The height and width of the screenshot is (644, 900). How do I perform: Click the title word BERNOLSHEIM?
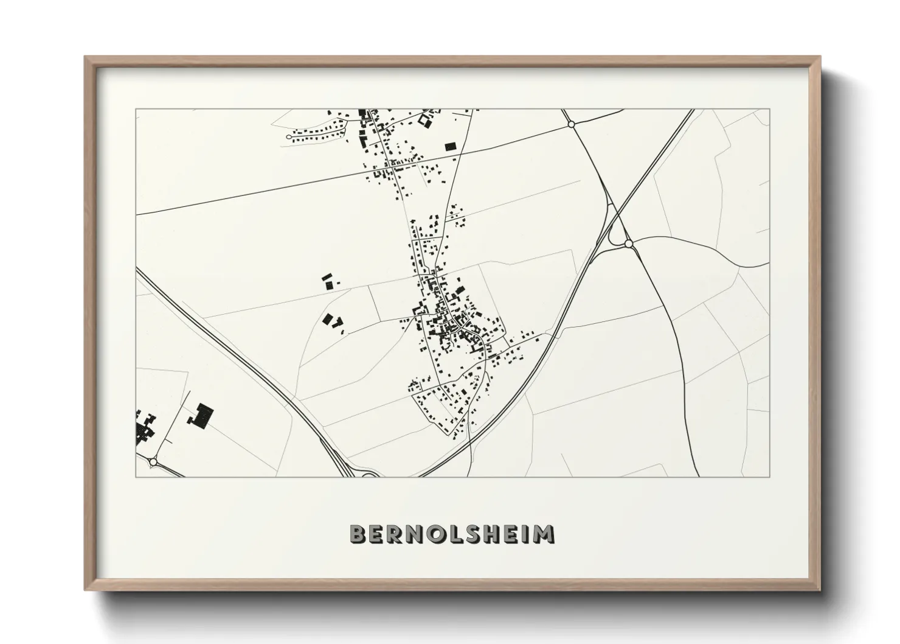click(452, 534)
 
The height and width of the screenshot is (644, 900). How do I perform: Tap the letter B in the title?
click(358, 534)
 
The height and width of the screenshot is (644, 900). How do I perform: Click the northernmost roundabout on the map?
click(570, 124)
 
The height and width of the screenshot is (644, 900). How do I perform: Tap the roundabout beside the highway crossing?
click(629, 244)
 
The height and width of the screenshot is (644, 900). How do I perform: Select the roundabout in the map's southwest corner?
click(152, 463)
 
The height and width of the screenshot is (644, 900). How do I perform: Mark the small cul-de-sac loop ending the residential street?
click(289, 137)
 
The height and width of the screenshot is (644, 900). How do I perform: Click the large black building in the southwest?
click(201, 416)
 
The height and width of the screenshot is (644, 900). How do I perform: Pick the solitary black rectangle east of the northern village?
click(450, 146)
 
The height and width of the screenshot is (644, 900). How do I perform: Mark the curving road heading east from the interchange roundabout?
click(699, 243)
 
